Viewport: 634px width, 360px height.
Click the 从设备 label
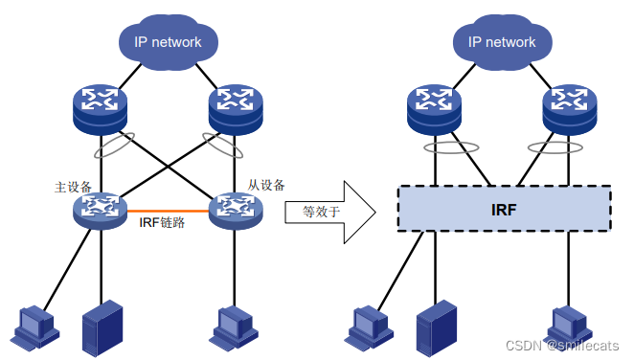tap(267, 185)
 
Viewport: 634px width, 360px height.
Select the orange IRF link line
tap(168, 210)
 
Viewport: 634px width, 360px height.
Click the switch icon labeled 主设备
tap(100, 209)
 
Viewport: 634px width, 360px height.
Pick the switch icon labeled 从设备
tap(234, 209)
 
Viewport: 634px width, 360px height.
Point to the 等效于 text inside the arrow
tap(322, 212)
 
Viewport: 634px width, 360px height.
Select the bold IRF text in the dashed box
tap(504, 207)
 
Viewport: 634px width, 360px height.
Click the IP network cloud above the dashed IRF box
tap(501, 42)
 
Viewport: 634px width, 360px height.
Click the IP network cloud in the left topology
tap(168, 42)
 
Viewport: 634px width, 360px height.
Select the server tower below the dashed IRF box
tap(432, 327)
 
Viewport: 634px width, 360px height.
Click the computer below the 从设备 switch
tap(234, 326)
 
